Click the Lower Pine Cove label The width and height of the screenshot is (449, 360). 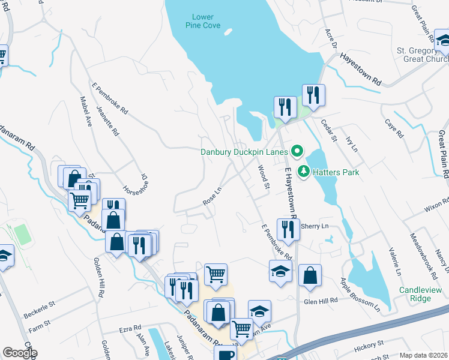203,21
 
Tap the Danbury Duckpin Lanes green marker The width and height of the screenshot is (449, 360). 296,151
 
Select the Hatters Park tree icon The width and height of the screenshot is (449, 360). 304,172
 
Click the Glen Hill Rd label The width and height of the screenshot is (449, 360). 321,300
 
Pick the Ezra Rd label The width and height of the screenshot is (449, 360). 129,329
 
